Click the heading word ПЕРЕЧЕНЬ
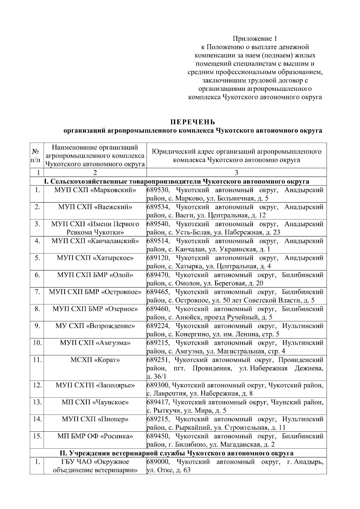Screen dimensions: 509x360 pyautogui.click(x=192, y=122)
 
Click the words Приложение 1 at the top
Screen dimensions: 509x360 pyautogui.click(x=255, y=39)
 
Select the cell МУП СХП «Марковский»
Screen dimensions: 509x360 pyautogui.click(x=95, y=190)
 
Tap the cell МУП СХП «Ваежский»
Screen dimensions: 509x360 pyautogui.click(x=95, y=207)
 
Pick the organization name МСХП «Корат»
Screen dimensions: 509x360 pyautogui.click(x=95, y=360)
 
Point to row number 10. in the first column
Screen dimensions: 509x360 pyautogui.click(x=37, y=343)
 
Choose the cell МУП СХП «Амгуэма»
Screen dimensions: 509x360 pyautogui.click(x=95, y=343)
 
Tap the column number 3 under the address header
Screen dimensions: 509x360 pyautogui.click(x=236, y=173)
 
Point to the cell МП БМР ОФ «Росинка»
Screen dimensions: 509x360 pyautogui.click(x=95, y=436)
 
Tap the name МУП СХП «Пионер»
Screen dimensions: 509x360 pyautogui.click(x=95, y=419)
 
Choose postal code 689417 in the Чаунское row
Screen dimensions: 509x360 pyautogui.click(x=158, y=402)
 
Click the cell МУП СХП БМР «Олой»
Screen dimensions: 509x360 pyautogui.click(x=95, y=275)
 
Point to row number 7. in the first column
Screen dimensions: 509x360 pyautogui.click(x=37, y=292)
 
